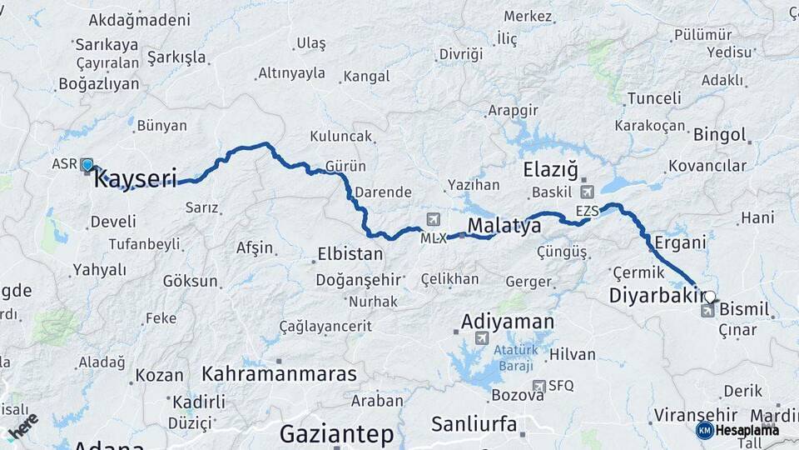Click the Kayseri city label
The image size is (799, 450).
(136, 178)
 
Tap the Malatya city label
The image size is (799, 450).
(499, 226)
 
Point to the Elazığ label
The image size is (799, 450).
(550, 170)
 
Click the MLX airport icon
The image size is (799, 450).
(433, 219)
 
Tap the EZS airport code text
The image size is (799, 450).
(587, 212)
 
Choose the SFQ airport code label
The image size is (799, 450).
(561, 386)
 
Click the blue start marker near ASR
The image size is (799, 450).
(87, 165)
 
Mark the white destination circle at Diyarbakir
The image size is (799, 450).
(709, 296)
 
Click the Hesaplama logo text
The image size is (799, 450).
(747, 430)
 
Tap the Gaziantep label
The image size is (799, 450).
(336, 434)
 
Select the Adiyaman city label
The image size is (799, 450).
(508, 321)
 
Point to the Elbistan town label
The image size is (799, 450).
(350, 254)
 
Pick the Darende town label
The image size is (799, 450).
(383, 192)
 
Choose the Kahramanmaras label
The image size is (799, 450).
(279, 373)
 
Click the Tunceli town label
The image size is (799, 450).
(653, 98)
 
